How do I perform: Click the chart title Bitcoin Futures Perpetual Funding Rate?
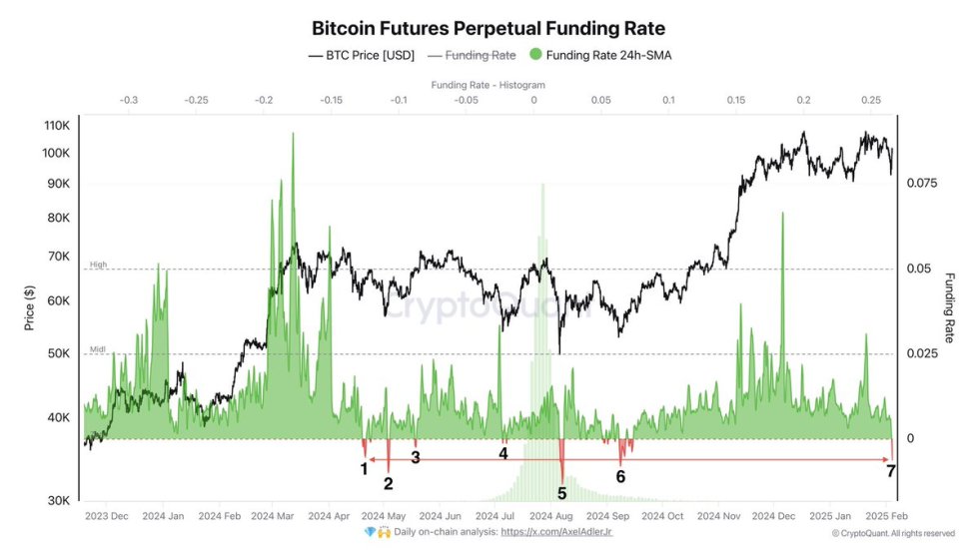coord(489,29)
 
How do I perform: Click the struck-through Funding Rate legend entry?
coord(475,56)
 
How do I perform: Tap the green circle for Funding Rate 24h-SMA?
coord(536,56)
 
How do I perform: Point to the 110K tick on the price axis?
coord(55,126)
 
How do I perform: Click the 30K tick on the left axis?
coord(57,500)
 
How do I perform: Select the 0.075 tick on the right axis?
coord(923,184)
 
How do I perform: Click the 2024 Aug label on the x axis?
coord(550,516)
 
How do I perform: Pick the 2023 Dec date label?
coord(107,516)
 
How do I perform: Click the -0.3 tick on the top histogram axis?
coord(129,100)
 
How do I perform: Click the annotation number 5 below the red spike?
coord(561,492)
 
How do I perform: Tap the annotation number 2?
coord(388,484)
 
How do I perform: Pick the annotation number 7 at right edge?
coord(890,470)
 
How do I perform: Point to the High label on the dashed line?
coord(98,265)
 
